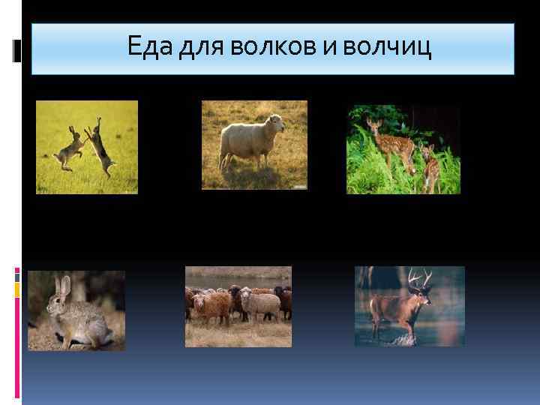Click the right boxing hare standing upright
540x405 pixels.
pyautogui.click(x=100, y=146)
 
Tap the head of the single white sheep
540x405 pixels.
pyautogui.click(x=277, y=123)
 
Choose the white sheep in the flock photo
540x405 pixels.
pyautogui.click(x=259, y=304)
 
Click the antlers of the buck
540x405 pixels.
pyautogui.click(x=418, y=278)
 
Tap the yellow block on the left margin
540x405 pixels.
pyautogui.click(x=17, y=288)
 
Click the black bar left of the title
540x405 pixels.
pyautogui.click(x=18, y=51)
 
